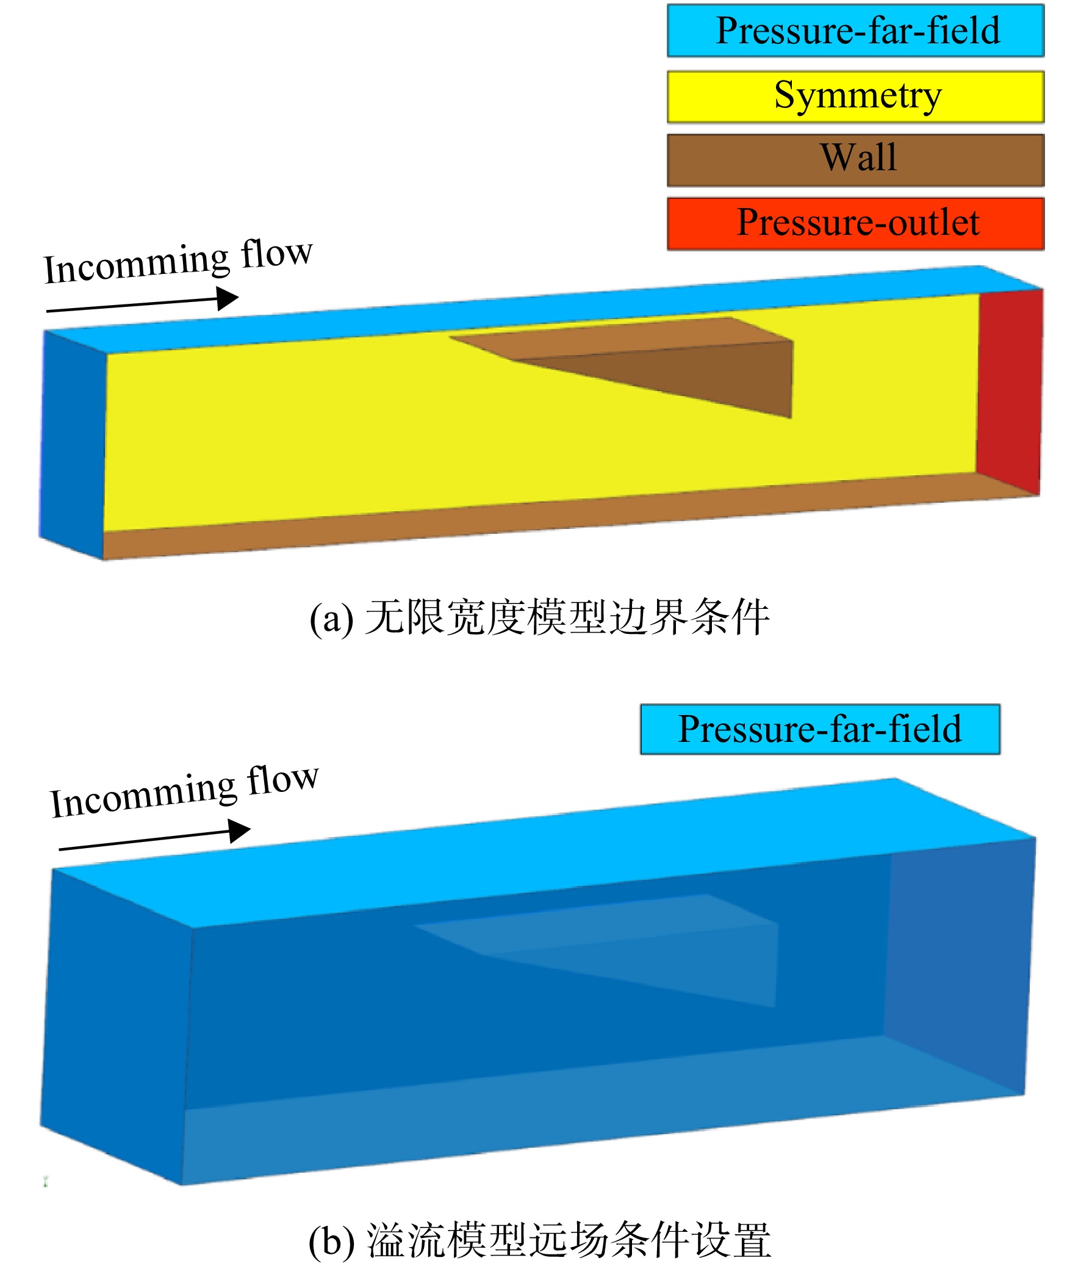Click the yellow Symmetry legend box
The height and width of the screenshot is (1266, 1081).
(855, 96)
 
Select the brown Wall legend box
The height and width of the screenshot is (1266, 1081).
(855, 160)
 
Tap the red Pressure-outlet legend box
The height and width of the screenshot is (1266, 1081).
(855, 224)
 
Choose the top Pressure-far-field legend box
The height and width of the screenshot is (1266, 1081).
(855, 31)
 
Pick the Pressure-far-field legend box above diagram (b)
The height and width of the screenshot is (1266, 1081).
(820, 730)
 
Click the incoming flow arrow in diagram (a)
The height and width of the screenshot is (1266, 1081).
(142, 303)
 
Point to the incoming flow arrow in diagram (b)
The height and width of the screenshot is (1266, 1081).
(154, 839)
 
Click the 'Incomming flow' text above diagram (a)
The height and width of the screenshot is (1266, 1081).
(178, 261)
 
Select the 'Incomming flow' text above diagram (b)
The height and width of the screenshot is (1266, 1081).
(184, 791)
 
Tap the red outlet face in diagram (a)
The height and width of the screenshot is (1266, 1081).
(1009, 391)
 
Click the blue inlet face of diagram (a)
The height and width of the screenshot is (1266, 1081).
(73, 445)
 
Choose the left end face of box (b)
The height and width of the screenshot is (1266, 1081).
(116, 1026)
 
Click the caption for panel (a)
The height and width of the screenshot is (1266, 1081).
(539, 617)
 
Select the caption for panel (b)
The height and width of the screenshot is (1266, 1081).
(539, 1240)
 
